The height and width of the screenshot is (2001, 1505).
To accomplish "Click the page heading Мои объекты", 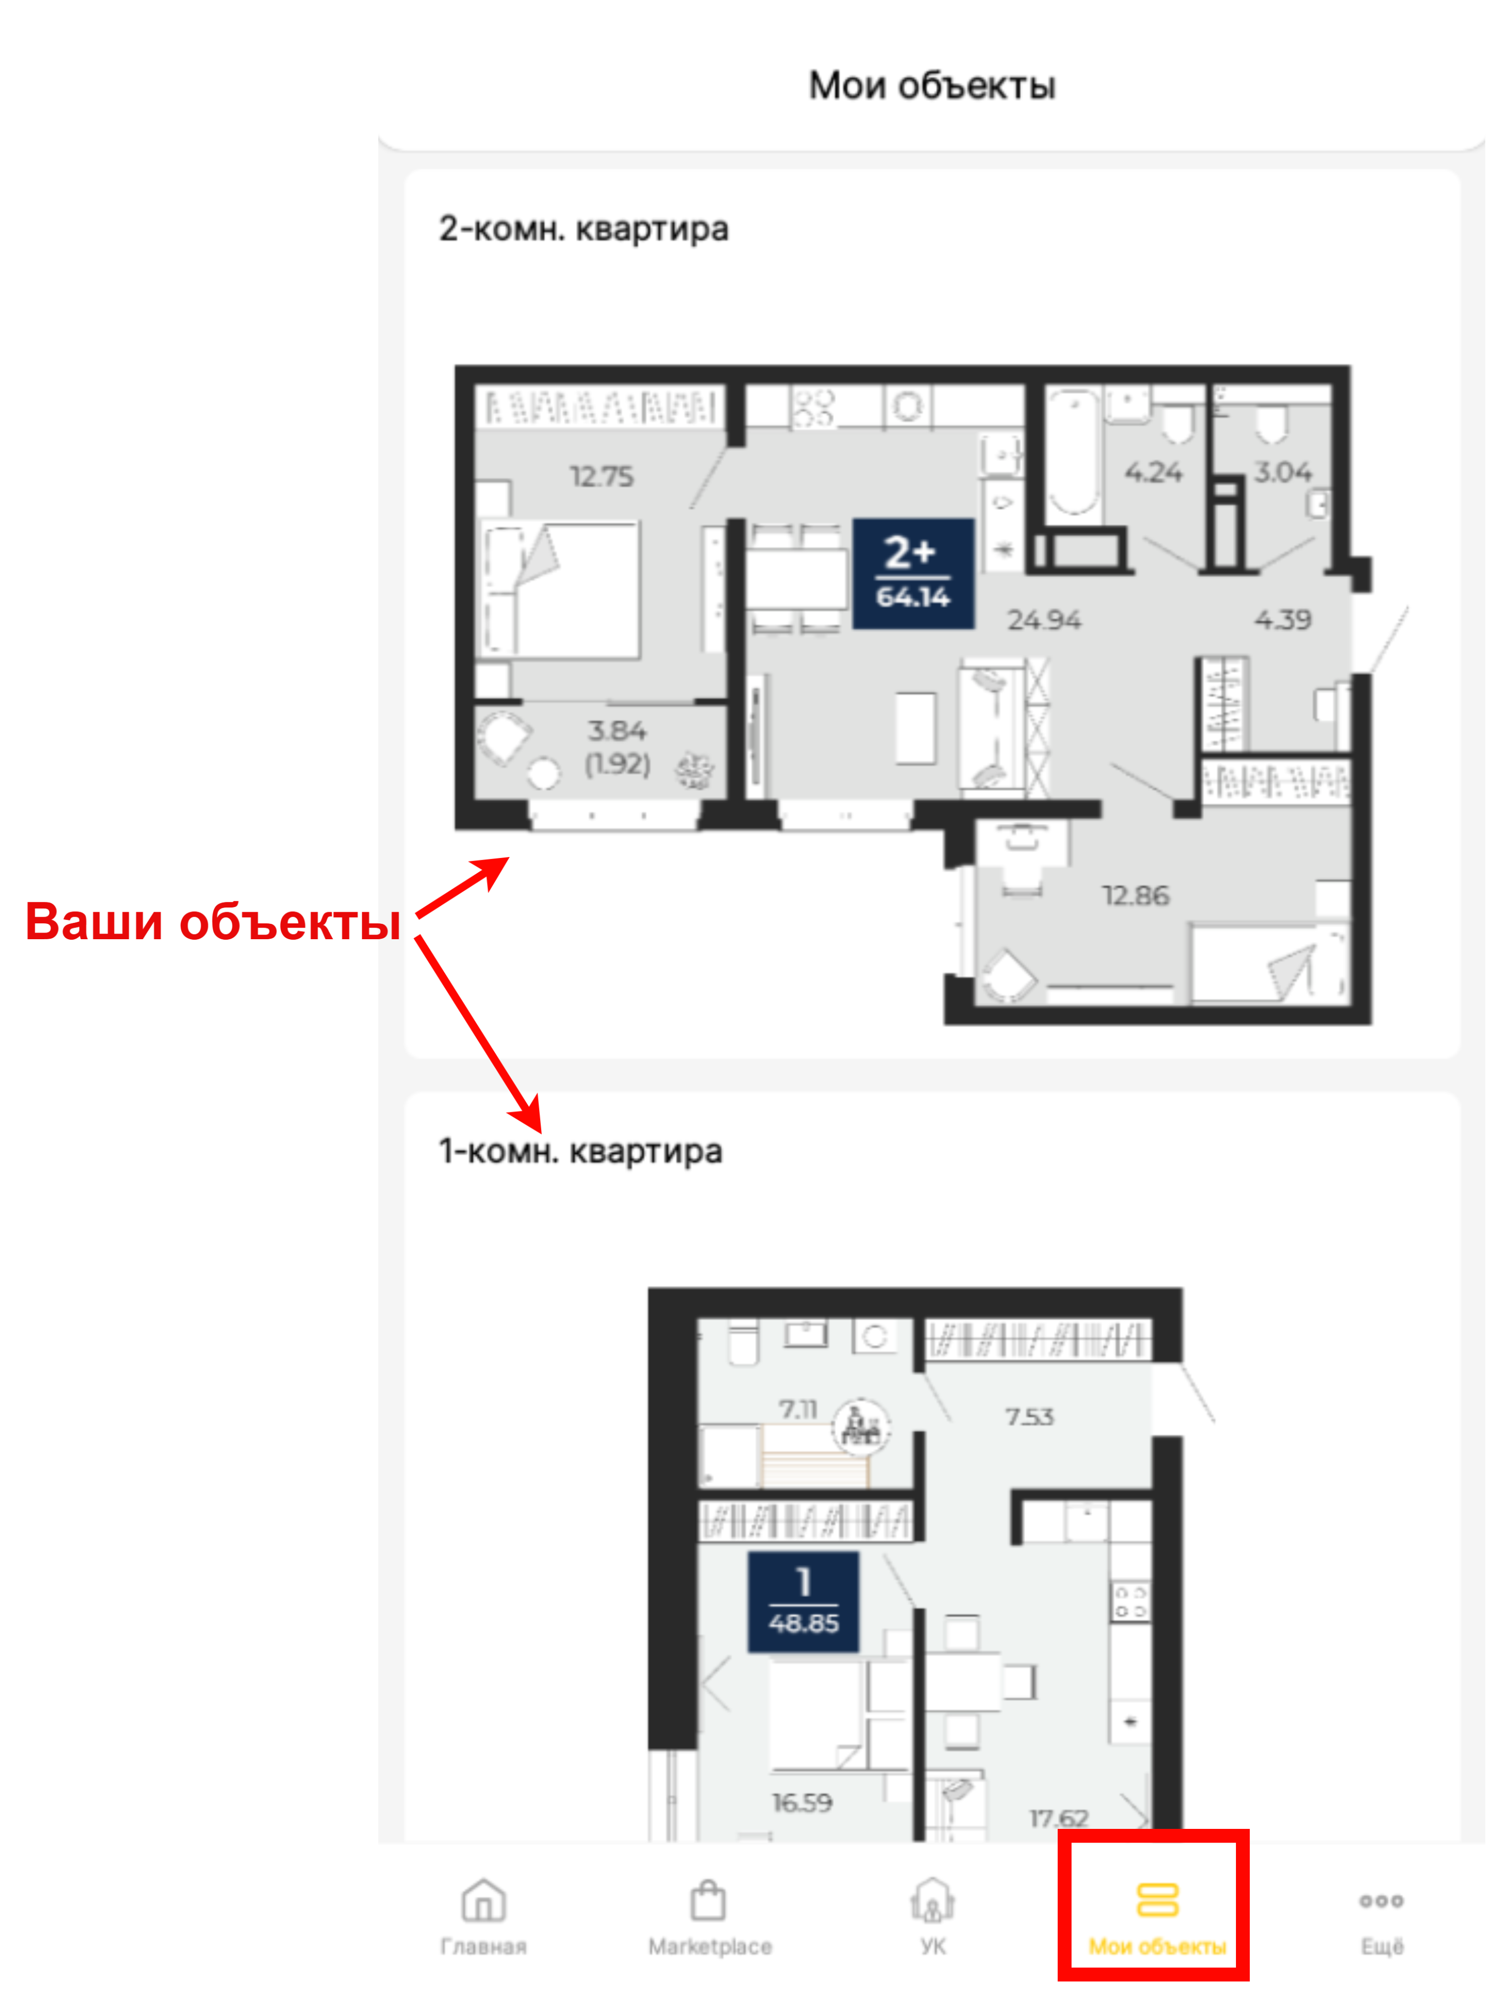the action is point(932,86).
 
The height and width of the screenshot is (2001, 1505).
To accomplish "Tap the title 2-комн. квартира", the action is point(584,229).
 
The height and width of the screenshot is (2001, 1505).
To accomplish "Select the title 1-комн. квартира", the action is point(580,1152).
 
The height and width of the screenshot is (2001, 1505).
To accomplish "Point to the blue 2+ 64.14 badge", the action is point(913,574).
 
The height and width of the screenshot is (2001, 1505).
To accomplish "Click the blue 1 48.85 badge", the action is point(803,1602).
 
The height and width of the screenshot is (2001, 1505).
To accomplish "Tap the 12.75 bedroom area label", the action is point(601,476).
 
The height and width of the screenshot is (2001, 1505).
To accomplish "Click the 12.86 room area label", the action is point(1135,896).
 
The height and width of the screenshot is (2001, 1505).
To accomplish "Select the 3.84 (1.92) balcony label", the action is point(618,747).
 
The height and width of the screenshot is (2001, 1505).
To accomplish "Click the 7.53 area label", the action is point(1029,1417).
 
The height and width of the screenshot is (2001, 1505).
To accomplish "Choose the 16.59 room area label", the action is point(802,1803).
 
